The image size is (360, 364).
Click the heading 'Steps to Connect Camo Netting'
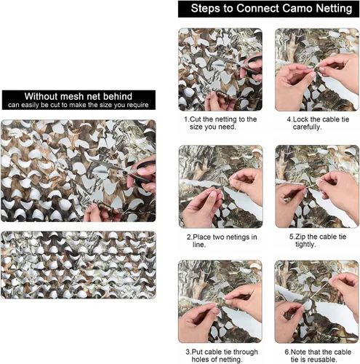point(271,9)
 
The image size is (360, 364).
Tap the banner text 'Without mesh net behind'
point(79,96)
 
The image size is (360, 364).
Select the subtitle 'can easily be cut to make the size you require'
point(78,105)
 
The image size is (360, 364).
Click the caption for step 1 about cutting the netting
point(220,123)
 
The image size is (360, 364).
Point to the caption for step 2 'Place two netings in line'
point(222,240)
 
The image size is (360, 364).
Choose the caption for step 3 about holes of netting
point(222,355)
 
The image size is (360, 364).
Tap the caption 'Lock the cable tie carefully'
point(318,123)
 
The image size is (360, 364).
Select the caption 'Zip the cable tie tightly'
point(318,240)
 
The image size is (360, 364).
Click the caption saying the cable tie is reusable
point(318,355)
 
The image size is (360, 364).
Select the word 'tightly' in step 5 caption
point(305,244)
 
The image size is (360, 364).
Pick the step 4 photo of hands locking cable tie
point(317,70)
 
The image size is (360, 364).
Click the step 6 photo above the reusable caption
point(316,301)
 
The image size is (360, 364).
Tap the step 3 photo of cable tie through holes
point(220,301)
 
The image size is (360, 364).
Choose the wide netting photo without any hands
point(79,265)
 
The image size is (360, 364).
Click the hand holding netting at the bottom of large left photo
point(100,213)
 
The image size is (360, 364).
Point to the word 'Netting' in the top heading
point(334,9)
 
